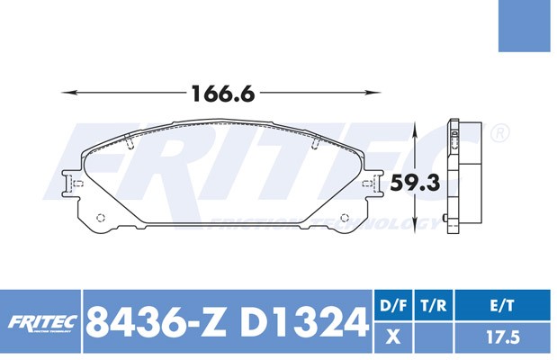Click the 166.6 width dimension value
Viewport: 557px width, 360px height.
point(223,94)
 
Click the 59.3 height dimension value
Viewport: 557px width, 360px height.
point(415,184)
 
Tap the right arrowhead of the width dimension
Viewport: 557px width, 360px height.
point(373,93)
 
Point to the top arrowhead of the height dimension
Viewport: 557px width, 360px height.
point(414,133)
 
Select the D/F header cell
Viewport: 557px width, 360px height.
point(393,305)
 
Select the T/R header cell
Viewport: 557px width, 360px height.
point(434,305)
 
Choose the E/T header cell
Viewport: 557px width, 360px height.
point(503,305)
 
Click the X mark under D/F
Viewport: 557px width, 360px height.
point(393,337)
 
